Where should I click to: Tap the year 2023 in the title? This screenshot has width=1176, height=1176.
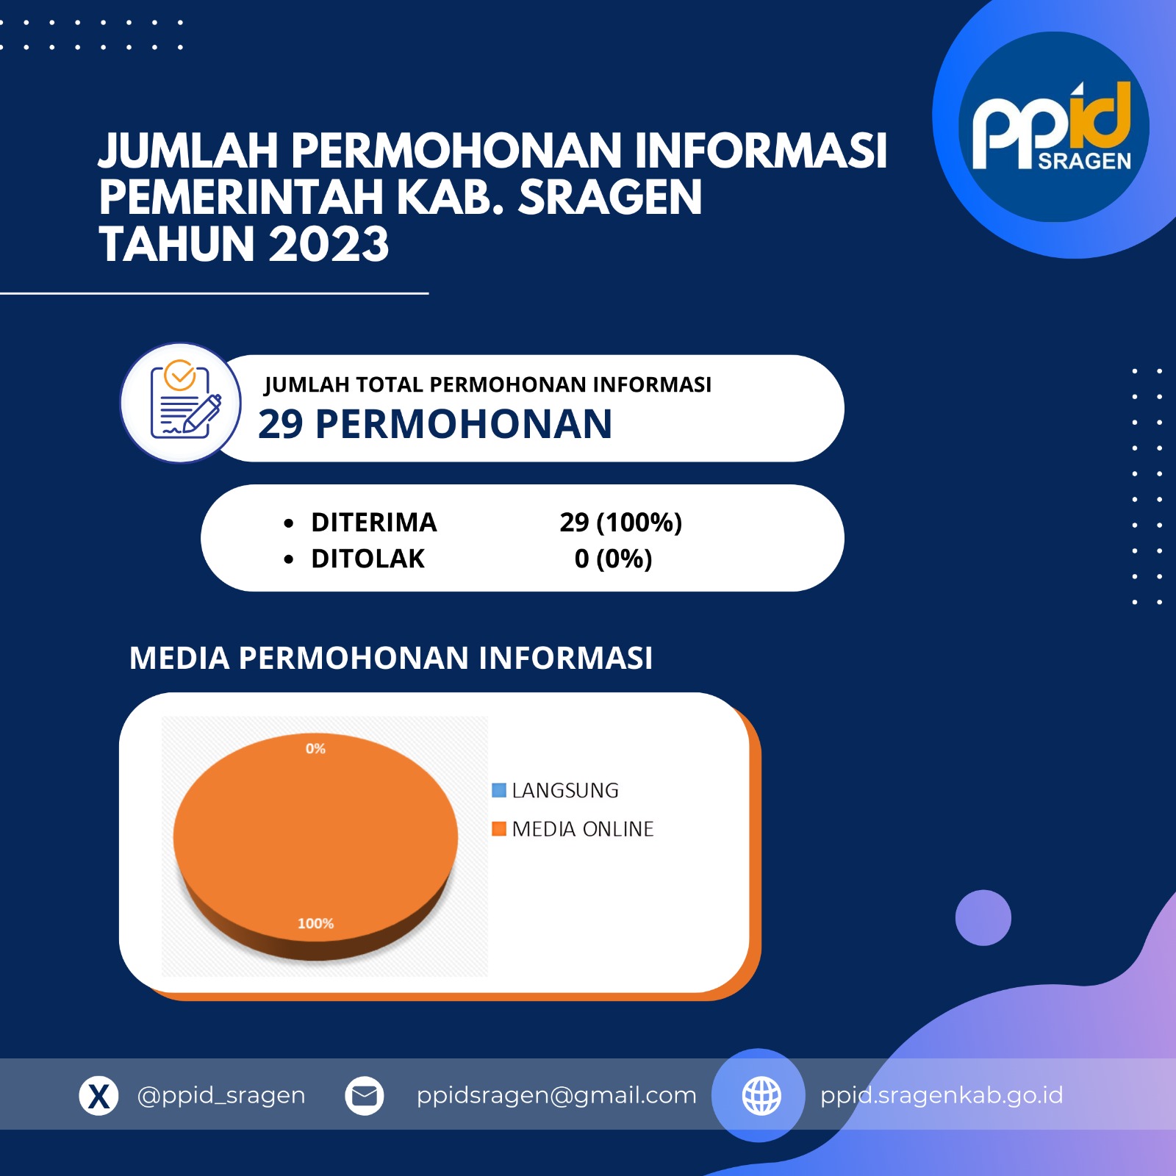pos(329,244)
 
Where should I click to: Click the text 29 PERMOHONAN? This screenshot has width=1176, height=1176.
pos(435,424)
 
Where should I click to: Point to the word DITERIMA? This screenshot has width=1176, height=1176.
pos(374,523)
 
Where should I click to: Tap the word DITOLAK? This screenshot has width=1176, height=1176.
pos(367,559)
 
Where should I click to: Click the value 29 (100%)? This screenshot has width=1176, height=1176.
pos(621,523)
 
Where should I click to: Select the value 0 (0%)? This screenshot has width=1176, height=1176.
pos(613,559)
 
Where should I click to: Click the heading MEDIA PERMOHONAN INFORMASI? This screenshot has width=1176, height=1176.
pos(391,658)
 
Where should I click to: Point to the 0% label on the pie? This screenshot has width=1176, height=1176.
pos(315,749)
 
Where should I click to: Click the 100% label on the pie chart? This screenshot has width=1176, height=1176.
pos(315,923)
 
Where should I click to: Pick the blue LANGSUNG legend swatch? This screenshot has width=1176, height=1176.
pos(499,790)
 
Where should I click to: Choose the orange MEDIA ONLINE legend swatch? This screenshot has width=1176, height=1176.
pos(499,829)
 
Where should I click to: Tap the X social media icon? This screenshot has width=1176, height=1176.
pos(98,1096)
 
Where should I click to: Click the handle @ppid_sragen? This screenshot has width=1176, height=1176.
pos(221,1095)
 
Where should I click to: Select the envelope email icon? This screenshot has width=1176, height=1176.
pos(365,1096)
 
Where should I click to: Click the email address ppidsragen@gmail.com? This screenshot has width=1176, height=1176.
pos(556,1096)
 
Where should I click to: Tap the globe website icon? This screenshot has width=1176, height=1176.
pos(761,1096)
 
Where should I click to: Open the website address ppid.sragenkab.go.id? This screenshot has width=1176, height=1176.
pos(942,1095)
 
